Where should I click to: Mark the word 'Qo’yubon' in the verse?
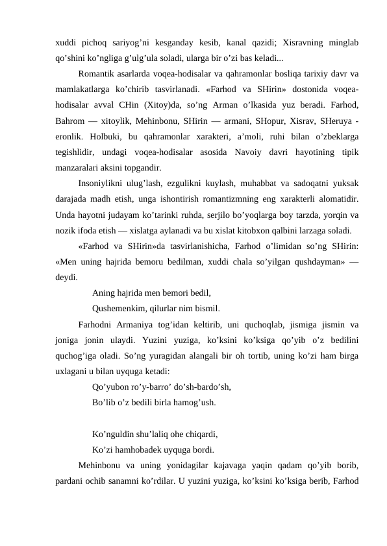(112, 386)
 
